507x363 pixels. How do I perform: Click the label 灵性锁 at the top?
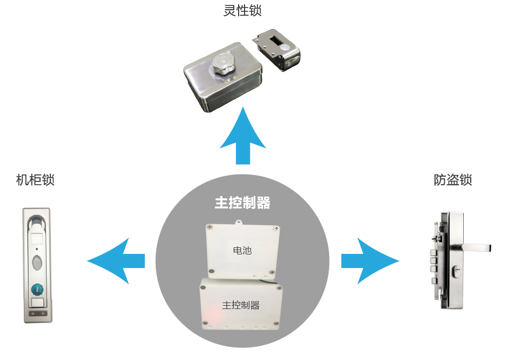(x=238, y=11)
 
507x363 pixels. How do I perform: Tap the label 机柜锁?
(x=36, y=180)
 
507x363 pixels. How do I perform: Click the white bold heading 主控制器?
(x=242, y=203)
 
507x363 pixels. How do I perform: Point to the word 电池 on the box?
(x=242, y=251)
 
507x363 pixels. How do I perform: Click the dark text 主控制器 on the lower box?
(x=241, y=305)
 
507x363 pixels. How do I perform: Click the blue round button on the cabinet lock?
(x=38, y=288)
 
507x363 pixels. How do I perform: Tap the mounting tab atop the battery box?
(x=239, y=221)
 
